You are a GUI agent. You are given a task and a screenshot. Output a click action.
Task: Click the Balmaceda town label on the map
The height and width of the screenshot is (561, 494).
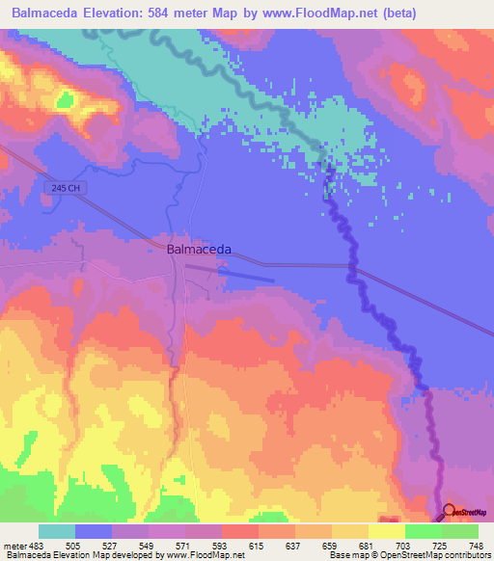199,248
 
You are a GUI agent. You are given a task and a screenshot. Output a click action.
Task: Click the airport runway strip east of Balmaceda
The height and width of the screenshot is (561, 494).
246,276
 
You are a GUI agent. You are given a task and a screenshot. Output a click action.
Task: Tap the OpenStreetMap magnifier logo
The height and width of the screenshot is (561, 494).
448,510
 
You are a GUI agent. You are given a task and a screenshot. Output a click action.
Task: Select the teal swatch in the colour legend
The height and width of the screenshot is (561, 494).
57,532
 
